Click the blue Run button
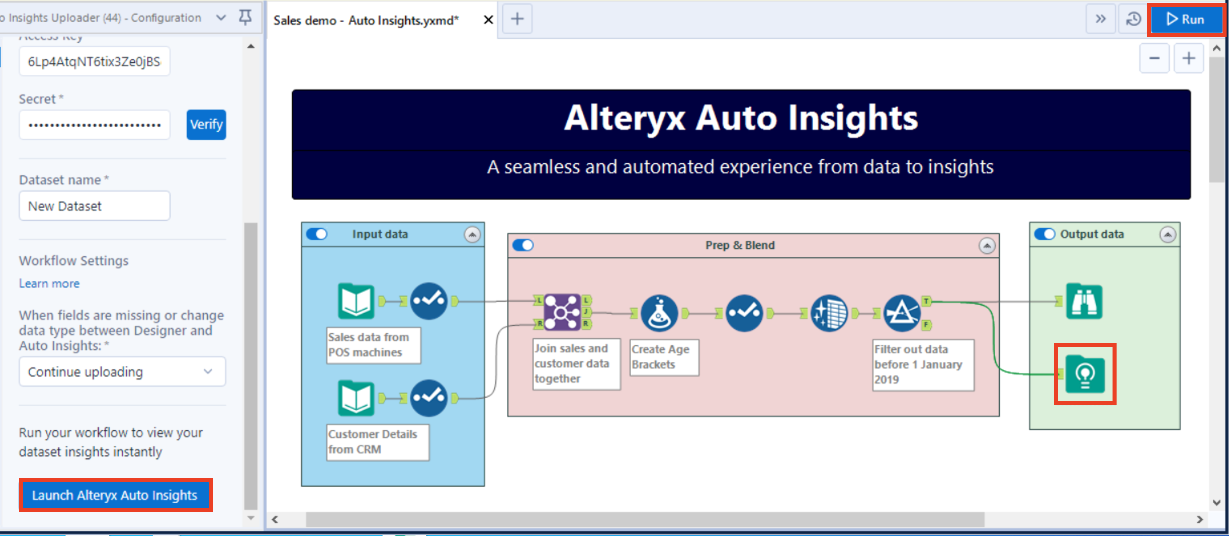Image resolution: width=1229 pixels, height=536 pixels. [1185, 19]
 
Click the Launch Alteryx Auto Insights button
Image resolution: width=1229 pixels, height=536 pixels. [115, 495]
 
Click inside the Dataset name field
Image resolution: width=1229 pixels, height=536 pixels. [95, 206]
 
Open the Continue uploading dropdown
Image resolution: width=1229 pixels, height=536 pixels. [122, 371]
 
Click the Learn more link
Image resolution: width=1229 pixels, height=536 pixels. [49, 283]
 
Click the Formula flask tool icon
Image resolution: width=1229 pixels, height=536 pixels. [659, 313]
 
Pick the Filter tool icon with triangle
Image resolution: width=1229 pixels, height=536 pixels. [902, 313]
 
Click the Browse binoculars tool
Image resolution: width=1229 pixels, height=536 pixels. [1084, 302]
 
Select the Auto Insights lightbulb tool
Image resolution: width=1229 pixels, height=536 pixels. [1085, 374]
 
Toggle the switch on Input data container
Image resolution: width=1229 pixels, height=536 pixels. [317, 234]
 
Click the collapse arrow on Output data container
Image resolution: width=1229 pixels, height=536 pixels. [1167, 234]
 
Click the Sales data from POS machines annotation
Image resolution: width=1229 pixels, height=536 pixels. [373, 345]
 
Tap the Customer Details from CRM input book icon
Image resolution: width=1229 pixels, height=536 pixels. [356, 398]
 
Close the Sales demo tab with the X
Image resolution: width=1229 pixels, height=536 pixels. [488, 20]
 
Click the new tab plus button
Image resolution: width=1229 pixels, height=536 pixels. [517, 19]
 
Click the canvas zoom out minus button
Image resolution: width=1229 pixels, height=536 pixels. [1154, 58]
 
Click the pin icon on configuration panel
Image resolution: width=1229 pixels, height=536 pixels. [245, 18]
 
